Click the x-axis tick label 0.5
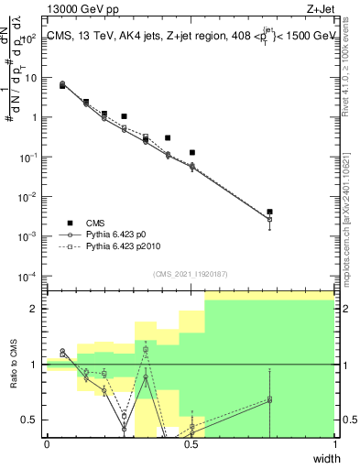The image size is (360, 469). [x=191, y=443]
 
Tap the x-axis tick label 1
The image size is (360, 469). [x=335, y=443]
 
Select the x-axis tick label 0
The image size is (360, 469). [x=47, y=443]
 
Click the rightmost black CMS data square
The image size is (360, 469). [x=269, y=213]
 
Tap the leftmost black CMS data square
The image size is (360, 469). [x=62, y=86]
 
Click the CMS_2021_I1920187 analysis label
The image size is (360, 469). [x=191, y=272]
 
